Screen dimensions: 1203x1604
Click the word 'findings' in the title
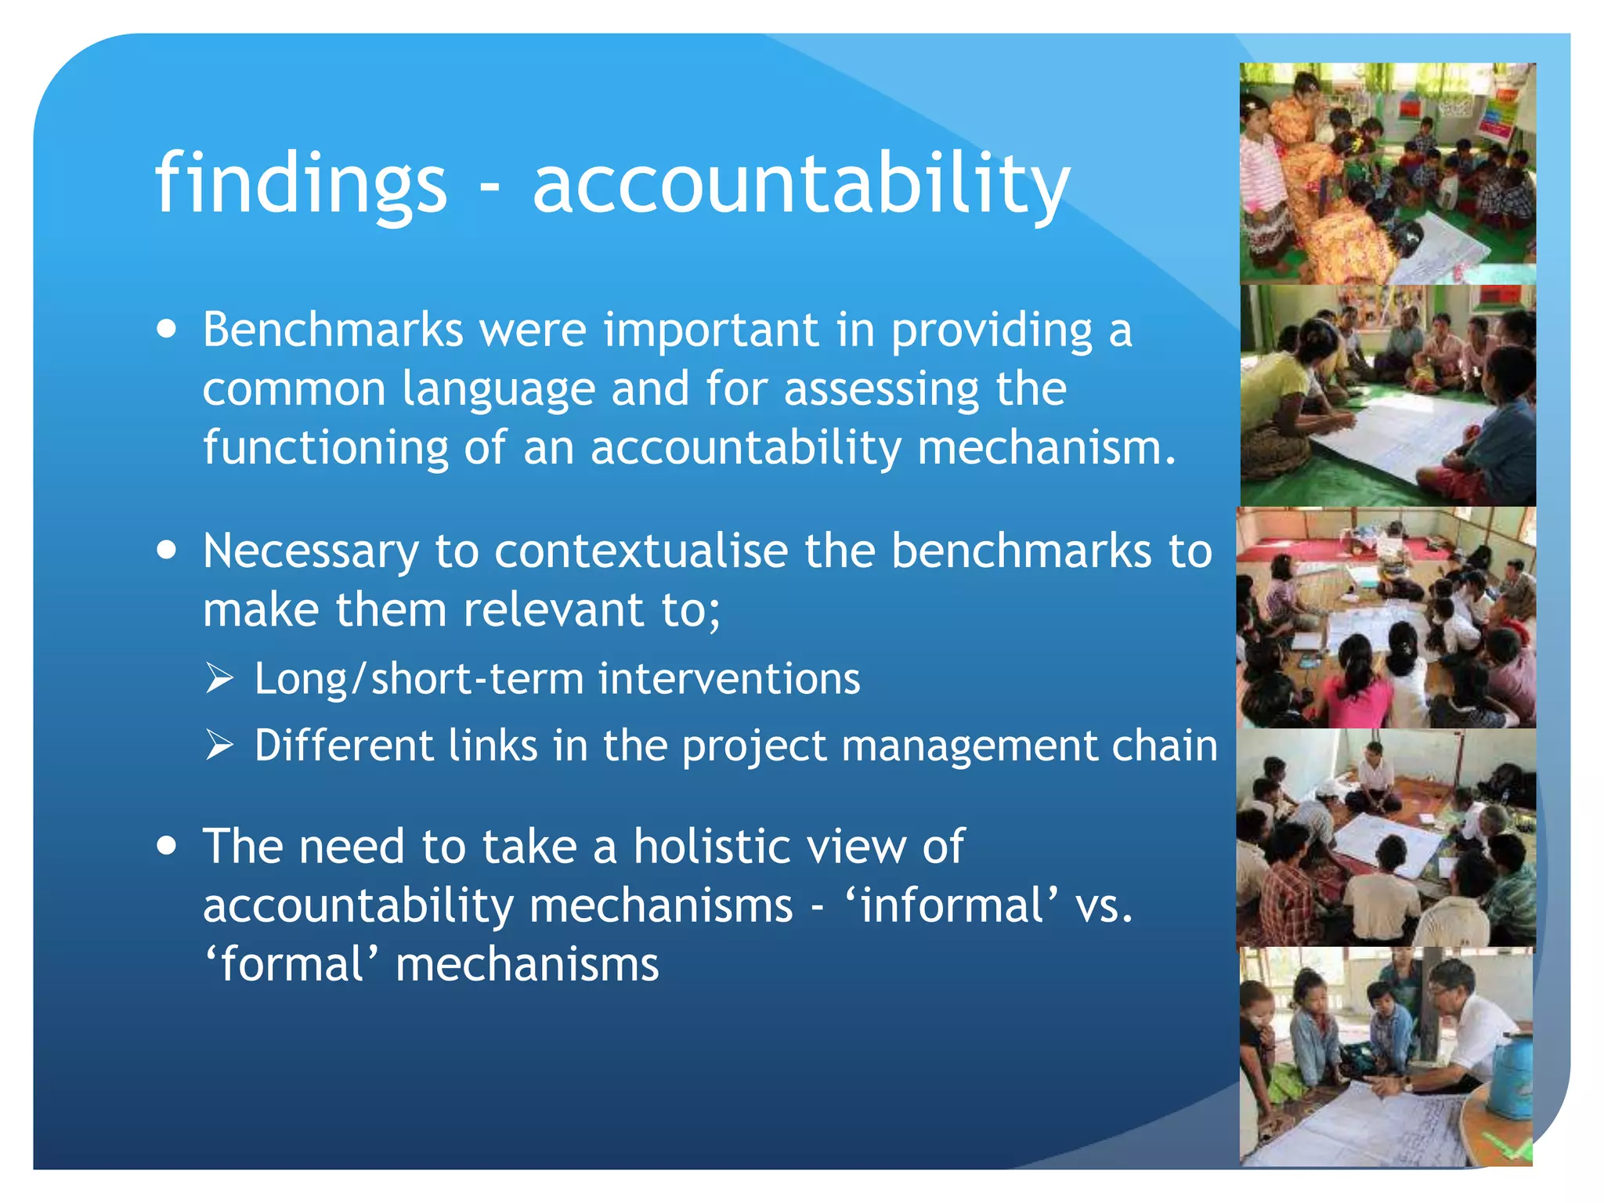pos(301,184)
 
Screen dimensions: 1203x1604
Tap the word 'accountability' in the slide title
pos(800,184)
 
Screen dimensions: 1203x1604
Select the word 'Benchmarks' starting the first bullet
pos(333,330)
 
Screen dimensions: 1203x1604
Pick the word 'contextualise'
pos(641,551)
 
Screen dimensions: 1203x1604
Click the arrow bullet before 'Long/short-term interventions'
pos(220,677)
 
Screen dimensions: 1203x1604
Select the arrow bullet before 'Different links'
pos(220,744)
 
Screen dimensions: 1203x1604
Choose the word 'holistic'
pos(713,847)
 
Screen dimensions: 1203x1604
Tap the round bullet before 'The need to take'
pos(166,847)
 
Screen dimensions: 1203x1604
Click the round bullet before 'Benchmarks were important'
pos(166,329)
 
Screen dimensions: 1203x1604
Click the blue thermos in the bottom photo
pos(1508,1076)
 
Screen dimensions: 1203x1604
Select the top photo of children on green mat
pos(1387,174)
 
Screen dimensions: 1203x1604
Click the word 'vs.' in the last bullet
pos(1104,906)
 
